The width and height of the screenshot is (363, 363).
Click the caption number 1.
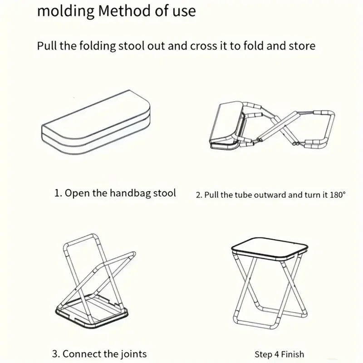[x=57, y=193]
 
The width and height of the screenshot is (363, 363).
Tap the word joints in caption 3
[x=132, y=353]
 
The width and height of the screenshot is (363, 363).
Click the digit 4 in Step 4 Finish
[x=275, y=354]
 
